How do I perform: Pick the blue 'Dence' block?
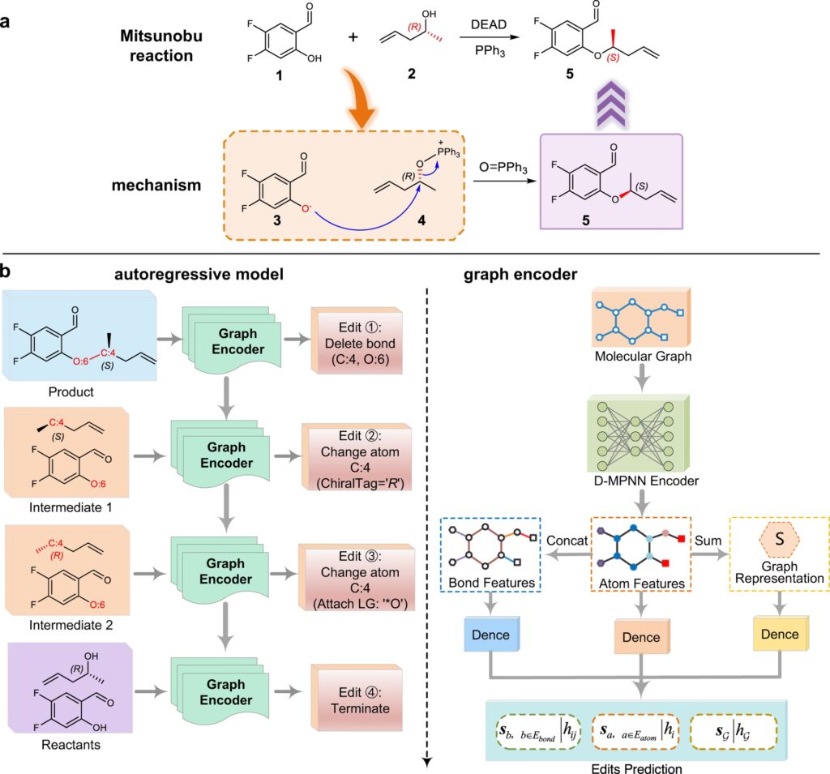coord(489,635)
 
